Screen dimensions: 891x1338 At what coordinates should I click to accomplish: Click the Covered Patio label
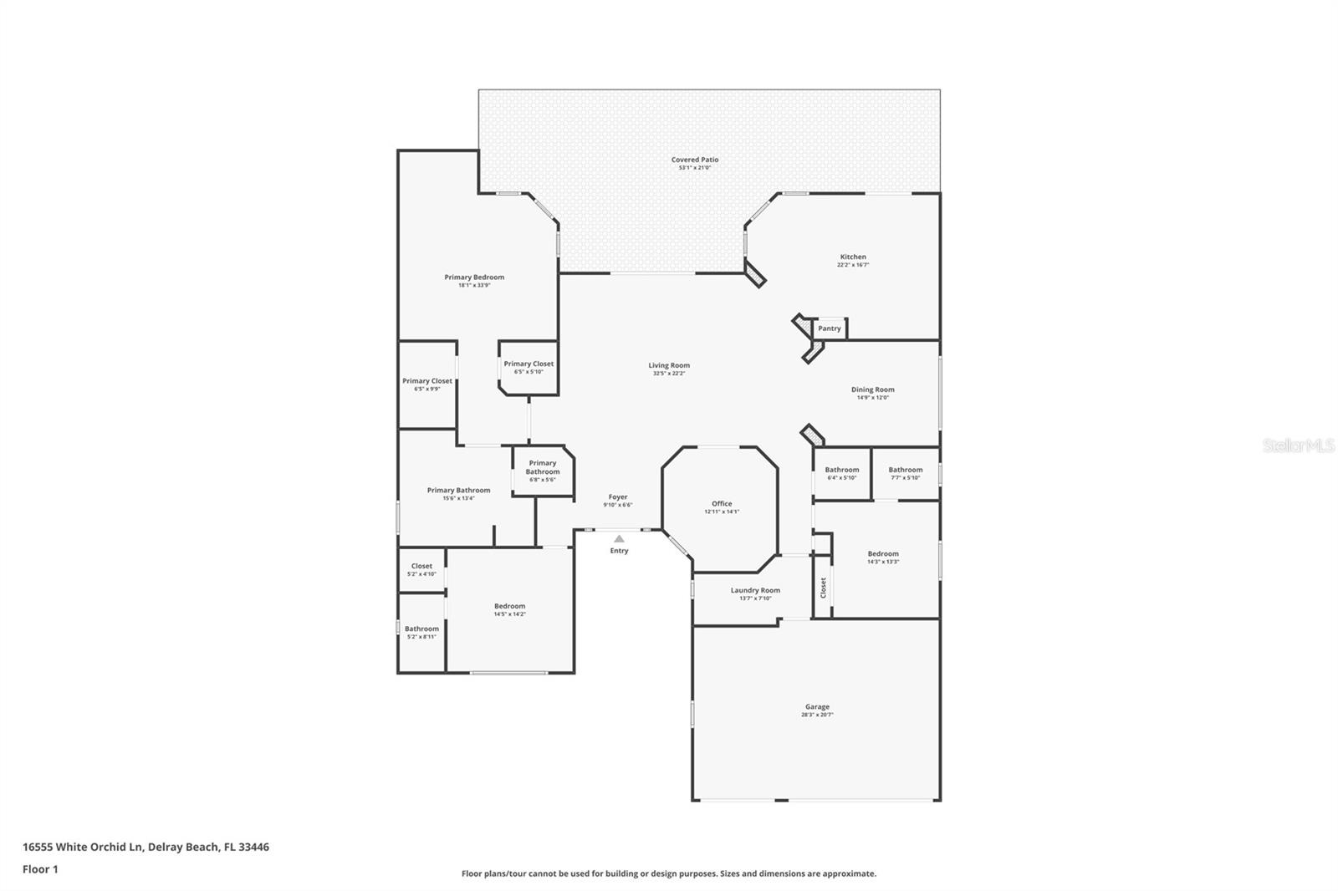pyautogui.click(x=695, y=160)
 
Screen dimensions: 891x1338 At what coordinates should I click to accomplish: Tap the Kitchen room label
pyautogui.click(x=853, y=257)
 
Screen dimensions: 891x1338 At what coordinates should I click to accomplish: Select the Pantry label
pyautogui.click(x=830, y=328)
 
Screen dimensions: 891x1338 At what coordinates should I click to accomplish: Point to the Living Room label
pyautogui.click(x=669, y=365)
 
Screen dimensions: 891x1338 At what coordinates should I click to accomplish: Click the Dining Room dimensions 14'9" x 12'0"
pyautogui.click(x=872, y=398)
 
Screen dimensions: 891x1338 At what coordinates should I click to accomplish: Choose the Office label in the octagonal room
pyautogui.click(x=722, y=503)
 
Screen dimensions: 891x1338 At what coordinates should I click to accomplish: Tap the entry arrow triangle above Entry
pyautogui.click(x=619, y=539)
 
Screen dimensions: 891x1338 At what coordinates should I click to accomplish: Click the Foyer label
pyautogui.click(x=618, y=496)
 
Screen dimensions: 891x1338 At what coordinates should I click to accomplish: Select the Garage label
pyautogui.click(x=817, y=706)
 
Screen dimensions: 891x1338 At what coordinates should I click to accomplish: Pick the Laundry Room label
pyautogui.click(x=755, y=590)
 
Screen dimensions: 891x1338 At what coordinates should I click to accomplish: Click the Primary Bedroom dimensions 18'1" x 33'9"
pyautogui.click(x=474, y=285)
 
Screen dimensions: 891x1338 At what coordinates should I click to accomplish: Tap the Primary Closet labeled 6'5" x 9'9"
pyautogui.click(x=427, y=381)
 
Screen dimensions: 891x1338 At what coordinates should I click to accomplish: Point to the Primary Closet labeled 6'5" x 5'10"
pyautogui.click(x=529, y=364)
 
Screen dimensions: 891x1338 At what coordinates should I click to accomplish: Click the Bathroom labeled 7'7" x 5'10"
pyautogui.click(x=906, y=470)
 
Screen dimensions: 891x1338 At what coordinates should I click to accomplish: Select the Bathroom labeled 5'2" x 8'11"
pyautogui.click(x=421, y=629)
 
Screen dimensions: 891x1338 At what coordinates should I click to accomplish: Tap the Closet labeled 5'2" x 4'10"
pyautogui.click(x=421, y=566)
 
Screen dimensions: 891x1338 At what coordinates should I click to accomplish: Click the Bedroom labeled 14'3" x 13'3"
pyautogui.click(x=883, y=553)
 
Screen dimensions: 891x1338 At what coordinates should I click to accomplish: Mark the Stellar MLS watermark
pyautogui.click(x=1298, y=446)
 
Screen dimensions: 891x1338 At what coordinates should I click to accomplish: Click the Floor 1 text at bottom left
pyautogui.click(x=40, y=869)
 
